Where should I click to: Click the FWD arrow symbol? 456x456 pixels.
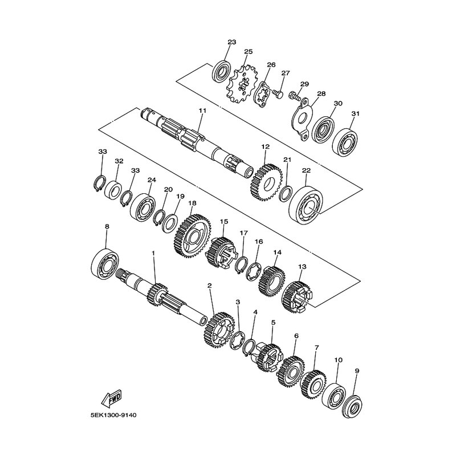pyautogui.click(x=111, y=398)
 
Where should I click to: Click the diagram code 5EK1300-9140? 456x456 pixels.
pyautogui.click(x=113, y=416)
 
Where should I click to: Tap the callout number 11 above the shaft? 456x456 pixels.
pyautogui.click(x=202, y=111)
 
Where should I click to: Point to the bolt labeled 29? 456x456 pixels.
pyautogui.click(x=294, y=95)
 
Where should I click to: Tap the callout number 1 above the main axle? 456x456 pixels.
pyautogui.click(x=153, y=254)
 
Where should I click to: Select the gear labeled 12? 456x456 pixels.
pyautogui.click(x=266, y=182)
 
